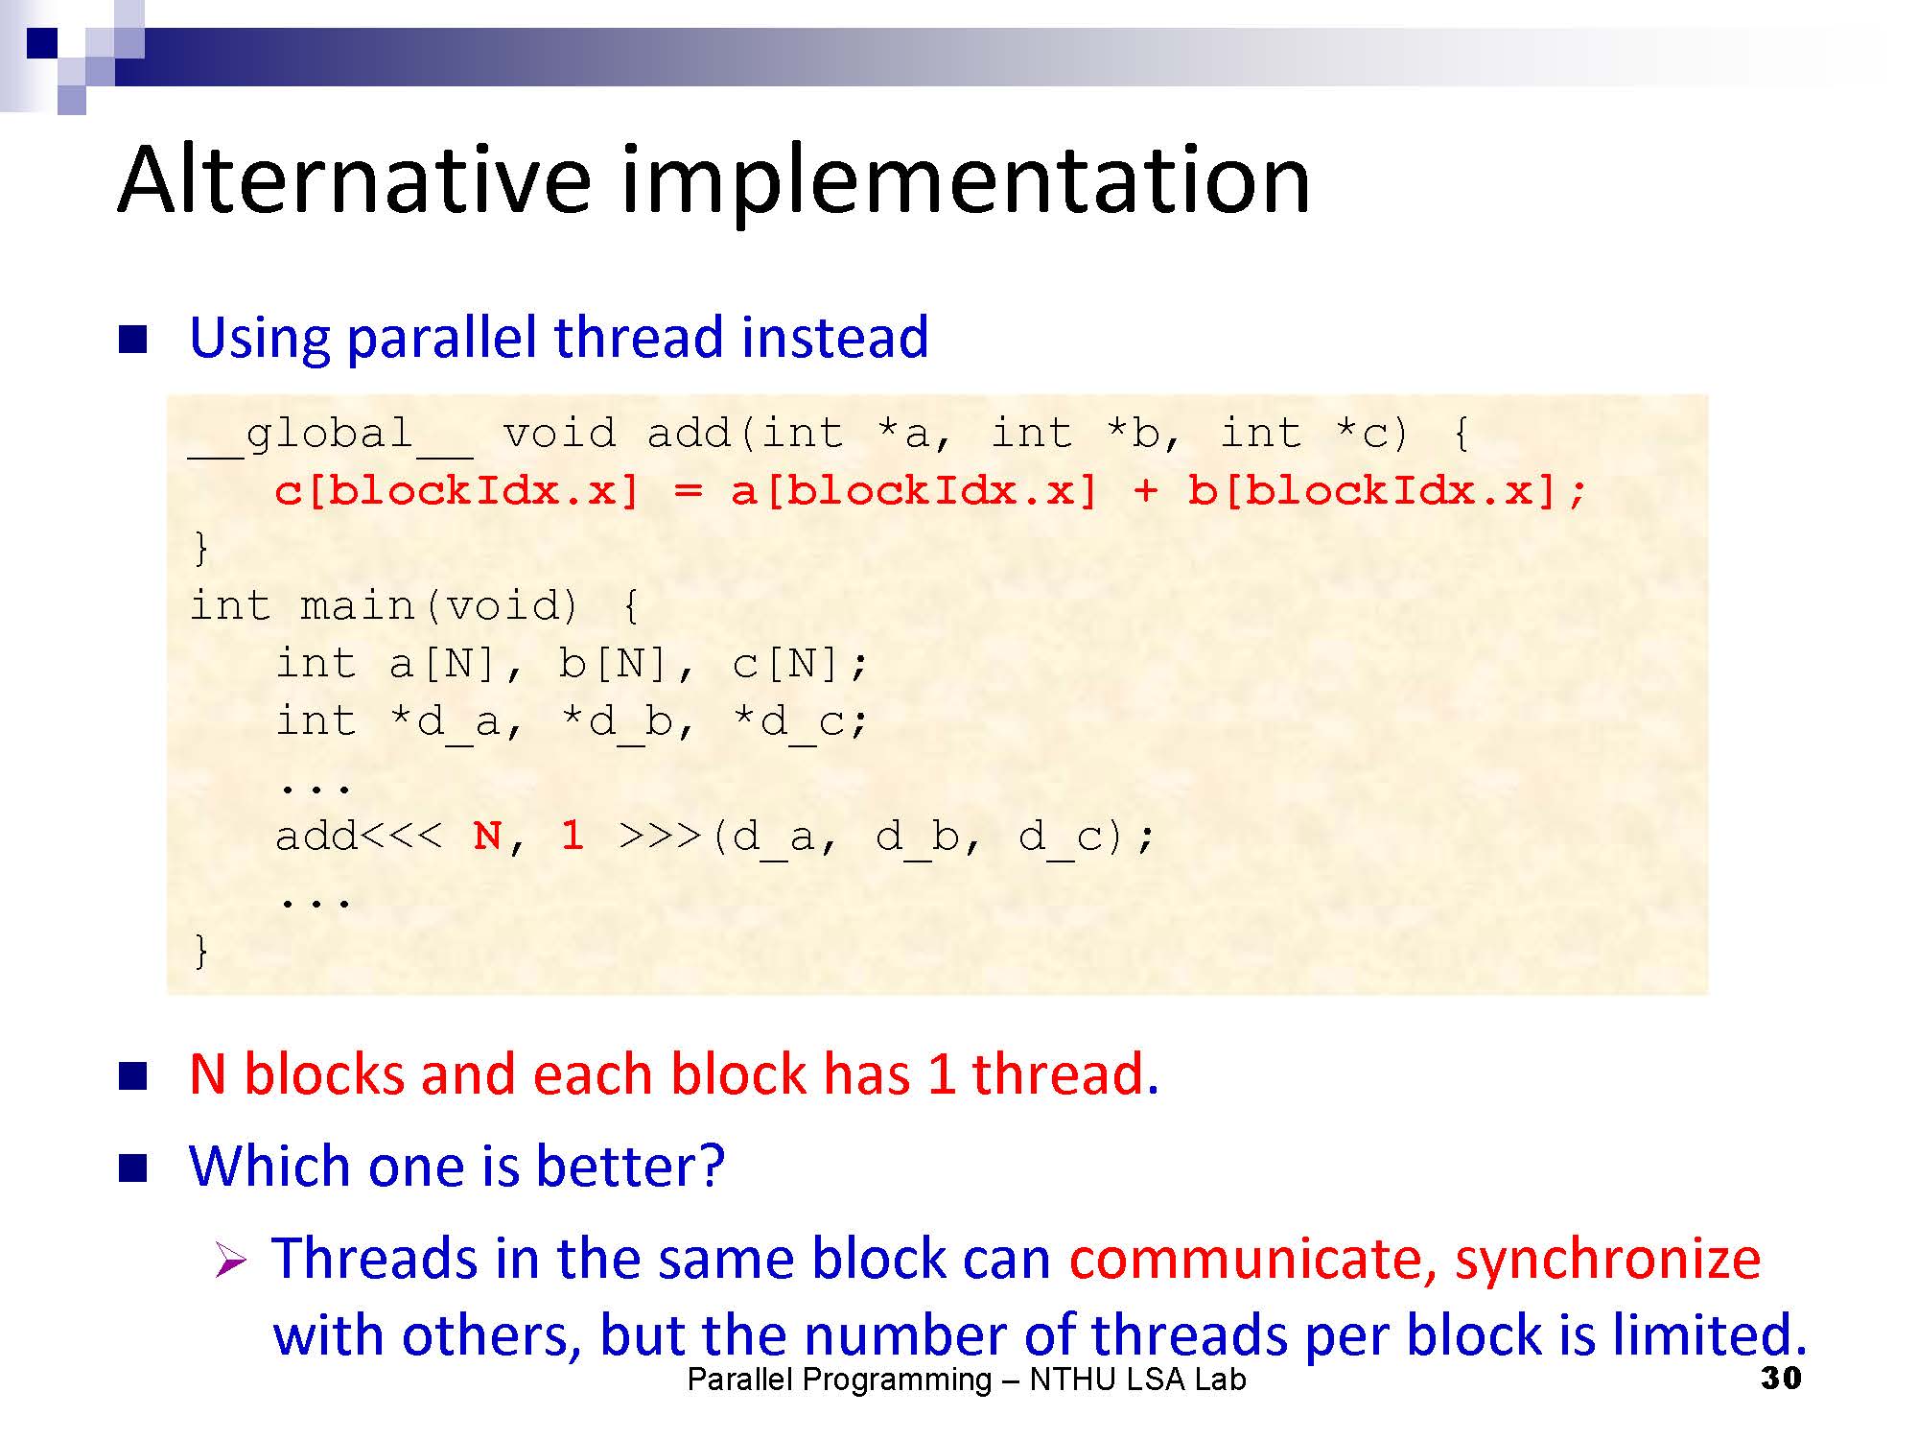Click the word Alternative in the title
355,179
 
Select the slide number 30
1781,1379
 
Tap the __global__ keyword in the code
330,435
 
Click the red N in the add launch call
487,836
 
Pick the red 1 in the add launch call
573,836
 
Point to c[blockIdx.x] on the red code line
456,491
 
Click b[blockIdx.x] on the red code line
1372,491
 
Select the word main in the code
357,606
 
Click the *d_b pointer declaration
616,722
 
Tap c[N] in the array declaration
786,664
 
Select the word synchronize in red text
1608,1261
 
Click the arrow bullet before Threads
232,1260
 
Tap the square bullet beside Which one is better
132,1168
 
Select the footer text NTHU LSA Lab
1138,1380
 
